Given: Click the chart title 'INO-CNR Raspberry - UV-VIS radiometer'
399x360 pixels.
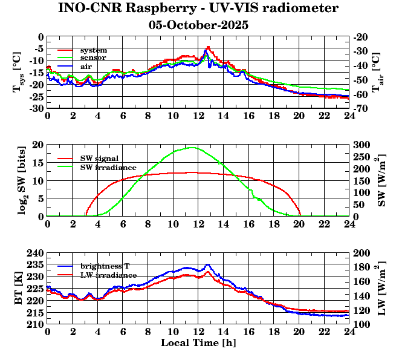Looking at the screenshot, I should click(x=199, y=8).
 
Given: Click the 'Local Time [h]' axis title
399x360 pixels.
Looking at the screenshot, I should click(x=198, y=343).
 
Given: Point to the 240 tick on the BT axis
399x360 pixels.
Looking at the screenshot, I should click(x=35, y=253).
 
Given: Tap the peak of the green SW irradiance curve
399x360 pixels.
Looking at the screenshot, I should click(x=192, y=148).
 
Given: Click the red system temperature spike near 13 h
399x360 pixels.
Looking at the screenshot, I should click(x=208, y=47).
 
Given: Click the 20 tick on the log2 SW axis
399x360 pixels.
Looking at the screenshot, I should click(x=37, y=145).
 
